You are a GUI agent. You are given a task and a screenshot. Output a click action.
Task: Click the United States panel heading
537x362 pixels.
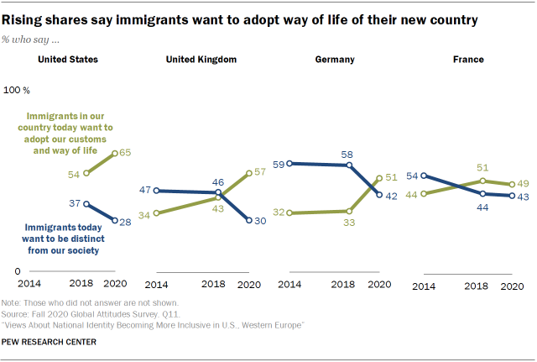click(x=69, y=60)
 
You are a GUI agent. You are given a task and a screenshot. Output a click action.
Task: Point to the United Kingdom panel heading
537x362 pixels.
click(x=201, y=60)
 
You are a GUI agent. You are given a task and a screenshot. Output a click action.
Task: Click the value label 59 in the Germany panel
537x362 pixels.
click(x=276, y=163)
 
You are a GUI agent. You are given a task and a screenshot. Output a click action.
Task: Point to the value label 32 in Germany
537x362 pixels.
click(x=276, y=213)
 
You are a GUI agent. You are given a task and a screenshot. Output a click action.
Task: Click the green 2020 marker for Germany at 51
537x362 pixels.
click(x=379, y=179)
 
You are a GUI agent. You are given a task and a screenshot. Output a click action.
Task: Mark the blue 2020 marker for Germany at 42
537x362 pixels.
click(x=379, y=195)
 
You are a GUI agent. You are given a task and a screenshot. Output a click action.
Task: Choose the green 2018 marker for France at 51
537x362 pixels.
click(x=482, y=180)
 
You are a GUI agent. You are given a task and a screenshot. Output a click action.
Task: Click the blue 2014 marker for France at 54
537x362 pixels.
click(x=424, y=176)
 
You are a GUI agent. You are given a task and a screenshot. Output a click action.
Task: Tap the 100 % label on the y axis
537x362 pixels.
click(x=18, y=89)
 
